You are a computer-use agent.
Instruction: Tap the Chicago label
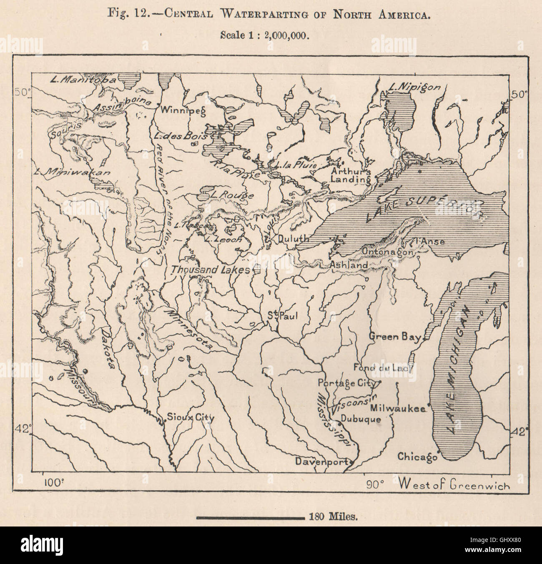pyautogui.click(x=417, y=457)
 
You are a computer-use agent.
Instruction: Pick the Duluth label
pyautogui.click(x=294, y=239)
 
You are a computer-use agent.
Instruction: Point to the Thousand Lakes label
pyautogui.click(x=210, y=270)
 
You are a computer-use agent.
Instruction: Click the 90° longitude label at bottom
pyautogui.click(x=375, y=484)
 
